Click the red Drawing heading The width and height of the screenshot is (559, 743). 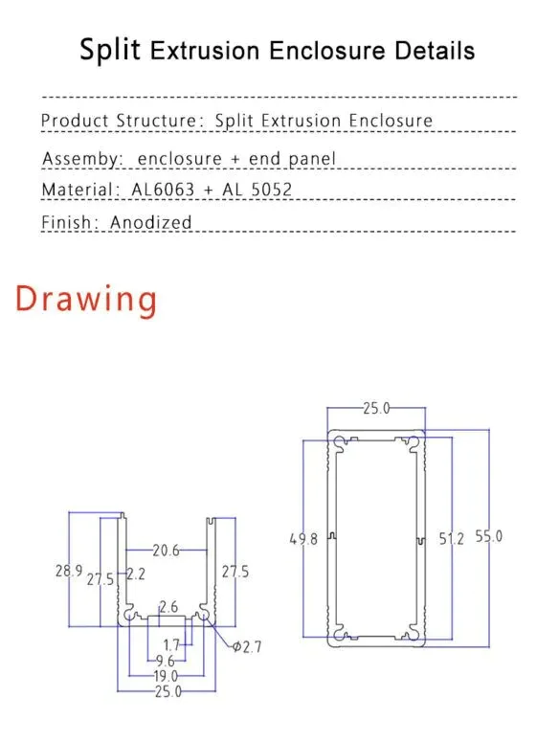[x=86, y=300]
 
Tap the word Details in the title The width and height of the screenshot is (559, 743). [x=435, y=50]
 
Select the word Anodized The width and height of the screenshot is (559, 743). [x=150, y=222]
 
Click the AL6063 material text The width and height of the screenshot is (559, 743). [x=163, y=190]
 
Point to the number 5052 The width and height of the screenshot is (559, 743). [x=272, y=190]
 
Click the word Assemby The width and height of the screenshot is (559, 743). [x=81, y=159]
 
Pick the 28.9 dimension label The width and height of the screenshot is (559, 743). [x=69, y=571]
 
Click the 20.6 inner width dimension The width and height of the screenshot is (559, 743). [x=166, y=551]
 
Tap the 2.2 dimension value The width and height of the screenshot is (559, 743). [x=136, y=574]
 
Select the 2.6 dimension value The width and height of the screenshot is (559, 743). [x=168, y=606]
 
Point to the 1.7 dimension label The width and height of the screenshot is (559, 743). [x=171, y=645]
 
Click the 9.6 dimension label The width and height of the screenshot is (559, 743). [x=166, y=661]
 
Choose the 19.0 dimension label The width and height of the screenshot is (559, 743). [x=166, y=676]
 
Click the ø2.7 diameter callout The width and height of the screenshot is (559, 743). [x=247, y=647]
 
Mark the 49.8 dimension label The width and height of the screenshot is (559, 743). [x=303, y=539]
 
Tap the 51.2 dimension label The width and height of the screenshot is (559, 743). [x=452, y=539]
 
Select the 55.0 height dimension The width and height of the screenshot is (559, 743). [x=489, y=537]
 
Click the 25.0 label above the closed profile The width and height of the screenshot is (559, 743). [x=376, y=408]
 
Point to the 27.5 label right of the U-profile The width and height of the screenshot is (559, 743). [x=235, y=572]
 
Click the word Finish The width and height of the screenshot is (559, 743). [x=66, y=222]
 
